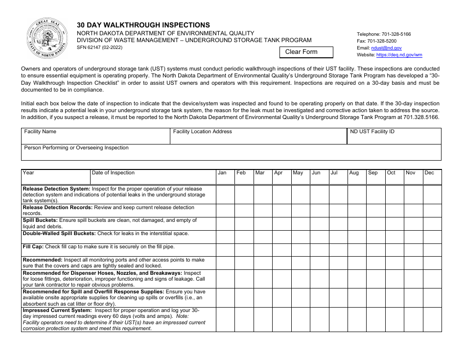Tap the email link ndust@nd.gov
(x=386, y=48)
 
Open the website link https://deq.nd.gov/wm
(x=399, y=55)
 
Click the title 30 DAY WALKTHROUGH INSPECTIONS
(x=143, y=25)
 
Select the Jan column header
(x=225, y=176)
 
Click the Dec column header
(x=432, y=176)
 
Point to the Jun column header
(x=320, y=176)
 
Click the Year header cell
(x=55, y=176)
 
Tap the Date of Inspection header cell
(x=153, y=176)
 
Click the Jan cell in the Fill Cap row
(x=225, y=250)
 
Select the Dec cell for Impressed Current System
(x=432, y=319)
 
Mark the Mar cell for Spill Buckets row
(x=263, y=223)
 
